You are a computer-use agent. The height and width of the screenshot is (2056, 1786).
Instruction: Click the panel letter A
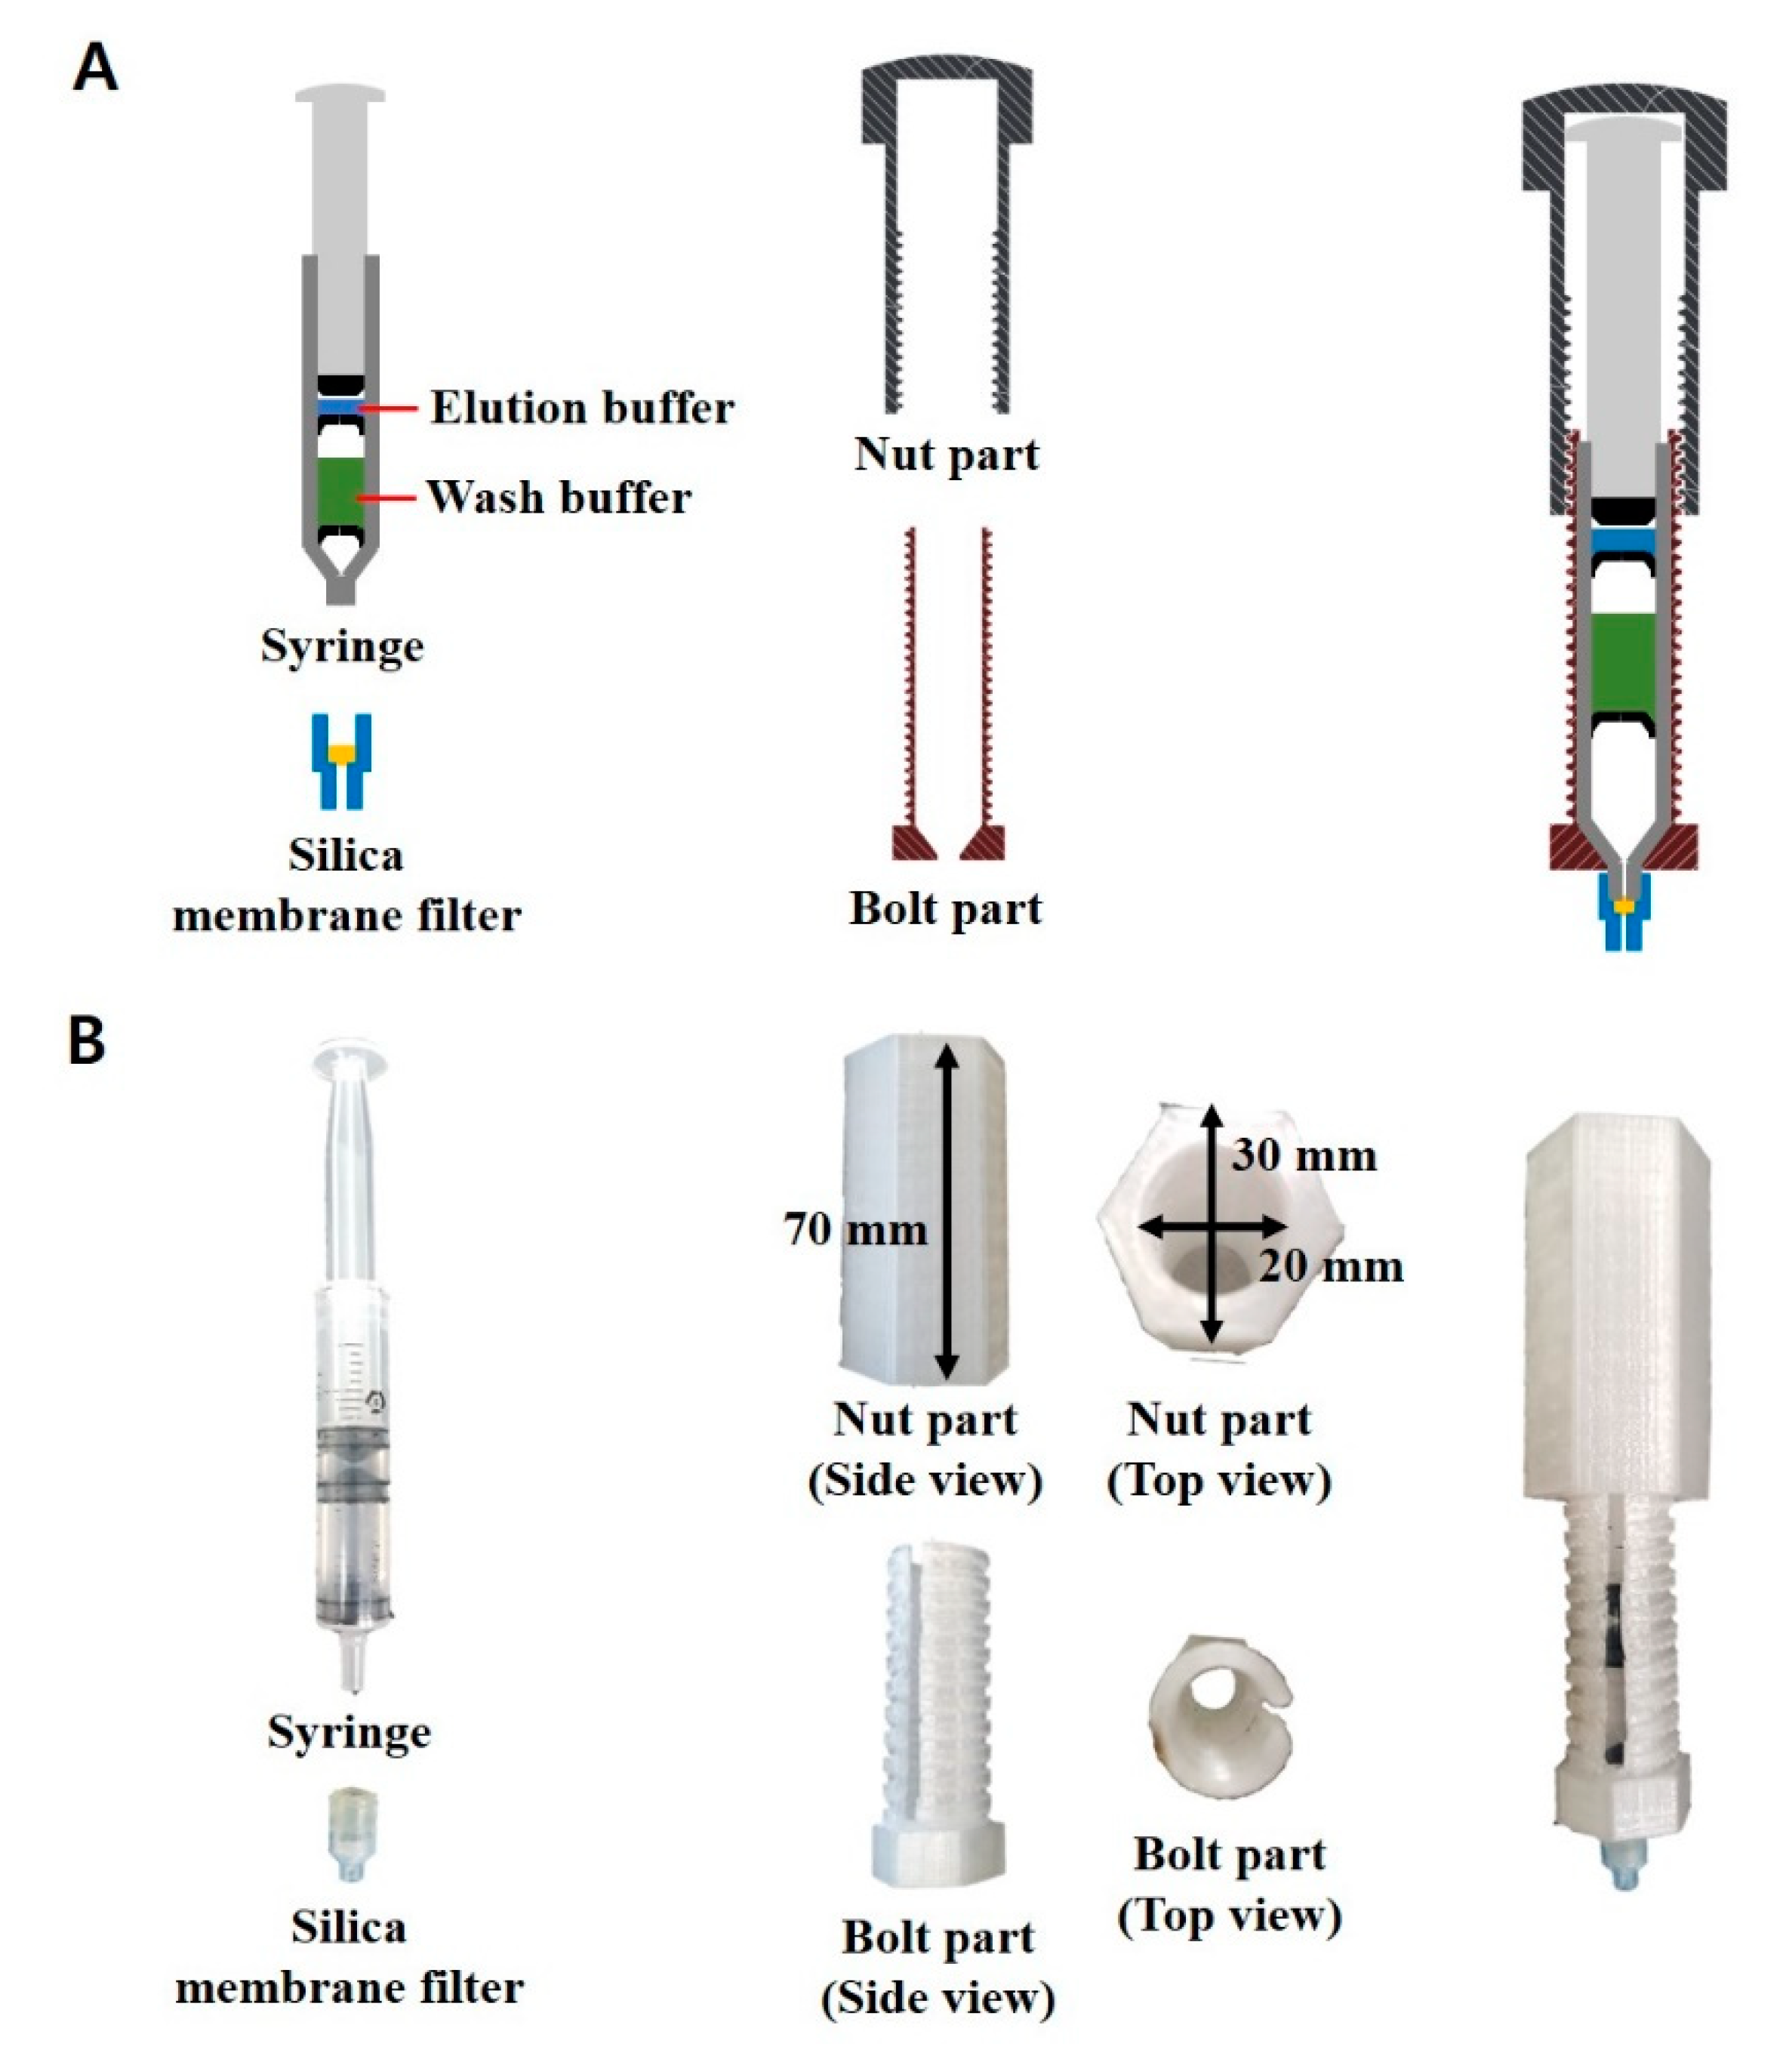tap(96, 71)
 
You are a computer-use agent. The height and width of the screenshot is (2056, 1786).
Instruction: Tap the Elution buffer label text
tap(582, 408)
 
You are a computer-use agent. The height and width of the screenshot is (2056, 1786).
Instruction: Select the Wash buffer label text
tap(559, 497)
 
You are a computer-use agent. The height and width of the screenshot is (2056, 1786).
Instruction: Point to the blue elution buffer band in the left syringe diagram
tap(340, 408)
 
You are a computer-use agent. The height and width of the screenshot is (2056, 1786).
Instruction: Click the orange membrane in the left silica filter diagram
tap(342, 755)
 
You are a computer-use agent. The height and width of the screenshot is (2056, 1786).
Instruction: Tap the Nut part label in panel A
tap(946, 454)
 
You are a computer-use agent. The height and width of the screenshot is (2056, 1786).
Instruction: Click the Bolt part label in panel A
tap(945, 908)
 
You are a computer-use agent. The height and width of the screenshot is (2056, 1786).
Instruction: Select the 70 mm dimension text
tap(855, 1228)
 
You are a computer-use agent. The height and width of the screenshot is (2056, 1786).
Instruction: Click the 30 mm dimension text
tap(1304, 1156)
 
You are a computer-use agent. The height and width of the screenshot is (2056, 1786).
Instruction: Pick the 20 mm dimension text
tap(1331, 1266)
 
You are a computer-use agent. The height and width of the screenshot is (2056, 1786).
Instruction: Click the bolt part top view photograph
tap(1220, 1723)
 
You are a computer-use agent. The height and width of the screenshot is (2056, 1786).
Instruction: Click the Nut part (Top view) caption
tap(1219, 1450)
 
